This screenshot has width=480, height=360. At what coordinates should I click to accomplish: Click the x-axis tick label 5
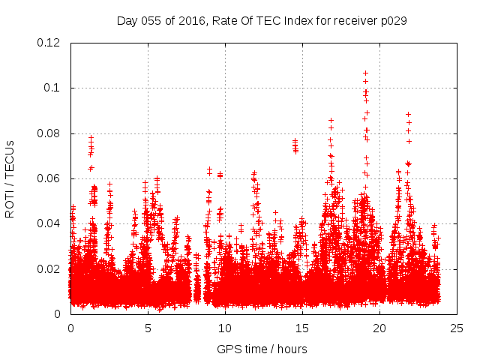point(148,328)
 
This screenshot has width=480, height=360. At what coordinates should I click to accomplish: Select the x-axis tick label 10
point(225,328)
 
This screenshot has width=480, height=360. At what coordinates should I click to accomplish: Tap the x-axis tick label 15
point(302,328)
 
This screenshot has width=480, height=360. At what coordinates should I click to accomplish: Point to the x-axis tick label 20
point(379,328)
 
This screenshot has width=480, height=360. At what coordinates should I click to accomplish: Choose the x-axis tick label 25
point(457,328)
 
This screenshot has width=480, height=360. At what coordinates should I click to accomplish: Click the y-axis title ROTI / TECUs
point(10,178)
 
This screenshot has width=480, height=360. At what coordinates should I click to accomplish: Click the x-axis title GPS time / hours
point(262,349)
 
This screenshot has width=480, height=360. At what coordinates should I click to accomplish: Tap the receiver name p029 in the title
point(393,20)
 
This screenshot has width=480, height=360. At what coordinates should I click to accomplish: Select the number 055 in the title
point(153,20)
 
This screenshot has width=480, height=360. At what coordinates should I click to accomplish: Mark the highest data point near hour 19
point(365,73)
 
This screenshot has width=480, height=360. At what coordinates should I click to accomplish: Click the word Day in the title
point(127,20)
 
